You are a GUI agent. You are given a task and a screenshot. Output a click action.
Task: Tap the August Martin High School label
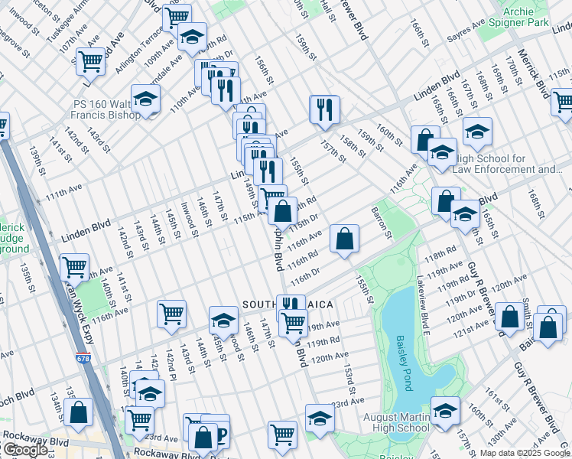[392, 423]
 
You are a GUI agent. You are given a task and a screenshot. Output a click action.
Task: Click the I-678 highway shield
[82, 357]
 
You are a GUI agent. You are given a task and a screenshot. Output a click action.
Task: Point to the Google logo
[24, 450]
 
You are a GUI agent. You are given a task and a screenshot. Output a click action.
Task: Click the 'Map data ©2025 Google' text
[524, 453]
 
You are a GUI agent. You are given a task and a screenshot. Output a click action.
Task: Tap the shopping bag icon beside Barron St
[345, 238]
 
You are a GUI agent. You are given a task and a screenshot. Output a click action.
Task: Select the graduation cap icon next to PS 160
[145, 99]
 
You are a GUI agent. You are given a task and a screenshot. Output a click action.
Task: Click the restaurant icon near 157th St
[324, 109]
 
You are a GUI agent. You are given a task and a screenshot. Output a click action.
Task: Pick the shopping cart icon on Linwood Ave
[90, 60]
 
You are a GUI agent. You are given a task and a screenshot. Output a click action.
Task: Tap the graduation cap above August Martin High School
[445, 410]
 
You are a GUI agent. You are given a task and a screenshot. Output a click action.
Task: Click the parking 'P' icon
[221, 435]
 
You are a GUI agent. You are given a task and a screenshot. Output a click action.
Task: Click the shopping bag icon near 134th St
[78, 412]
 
